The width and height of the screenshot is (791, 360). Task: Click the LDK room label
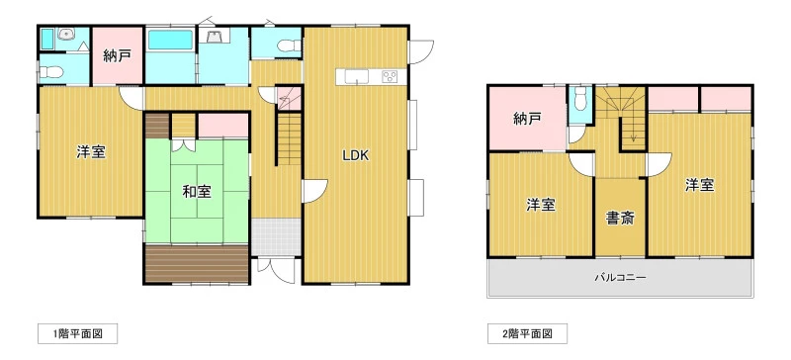point(356,155)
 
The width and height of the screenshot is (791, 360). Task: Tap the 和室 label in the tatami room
point(197,192)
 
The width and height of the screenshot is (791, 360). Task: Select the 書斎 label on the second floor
point(620,219)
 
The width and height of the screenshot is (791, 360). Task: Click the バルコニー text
point(620,277)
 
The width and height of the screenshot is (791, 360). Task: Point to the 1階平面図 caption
point(78,333)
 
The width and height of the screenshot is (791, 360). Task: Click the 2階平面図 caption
point(527,333)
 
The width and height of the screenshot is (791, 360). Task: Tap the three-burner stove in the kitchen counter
point(390,77)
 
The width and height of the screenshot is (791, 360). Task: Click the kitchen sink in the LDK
point(356,77)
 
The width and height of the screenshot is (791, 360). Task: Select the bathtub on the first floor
point(170,40)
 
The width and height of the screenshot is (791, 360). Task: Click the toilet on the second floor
point(580,99)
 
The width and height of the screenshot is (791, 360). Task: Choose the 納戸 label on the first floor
point(118,56)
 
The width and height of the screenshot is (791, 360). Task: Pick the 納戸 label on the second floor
point(528,119)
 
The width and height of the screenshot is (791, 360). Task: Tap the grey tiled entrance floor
point(277,236)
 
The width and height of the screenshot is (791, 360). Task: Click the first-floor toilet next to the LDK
point(289,46)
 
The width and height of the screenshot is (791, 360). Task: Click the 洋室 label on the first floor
point(91,152)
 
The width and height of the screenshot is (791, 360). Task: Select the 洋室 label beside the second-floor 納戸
point(541,205)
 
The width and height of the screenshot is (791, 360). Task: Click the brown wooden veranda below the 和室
point(197,264)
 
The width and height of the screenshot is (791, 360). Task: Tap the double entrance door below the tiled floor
point(276,270)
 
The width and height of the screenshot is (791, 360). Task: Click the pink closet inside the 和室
point(223,126)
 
